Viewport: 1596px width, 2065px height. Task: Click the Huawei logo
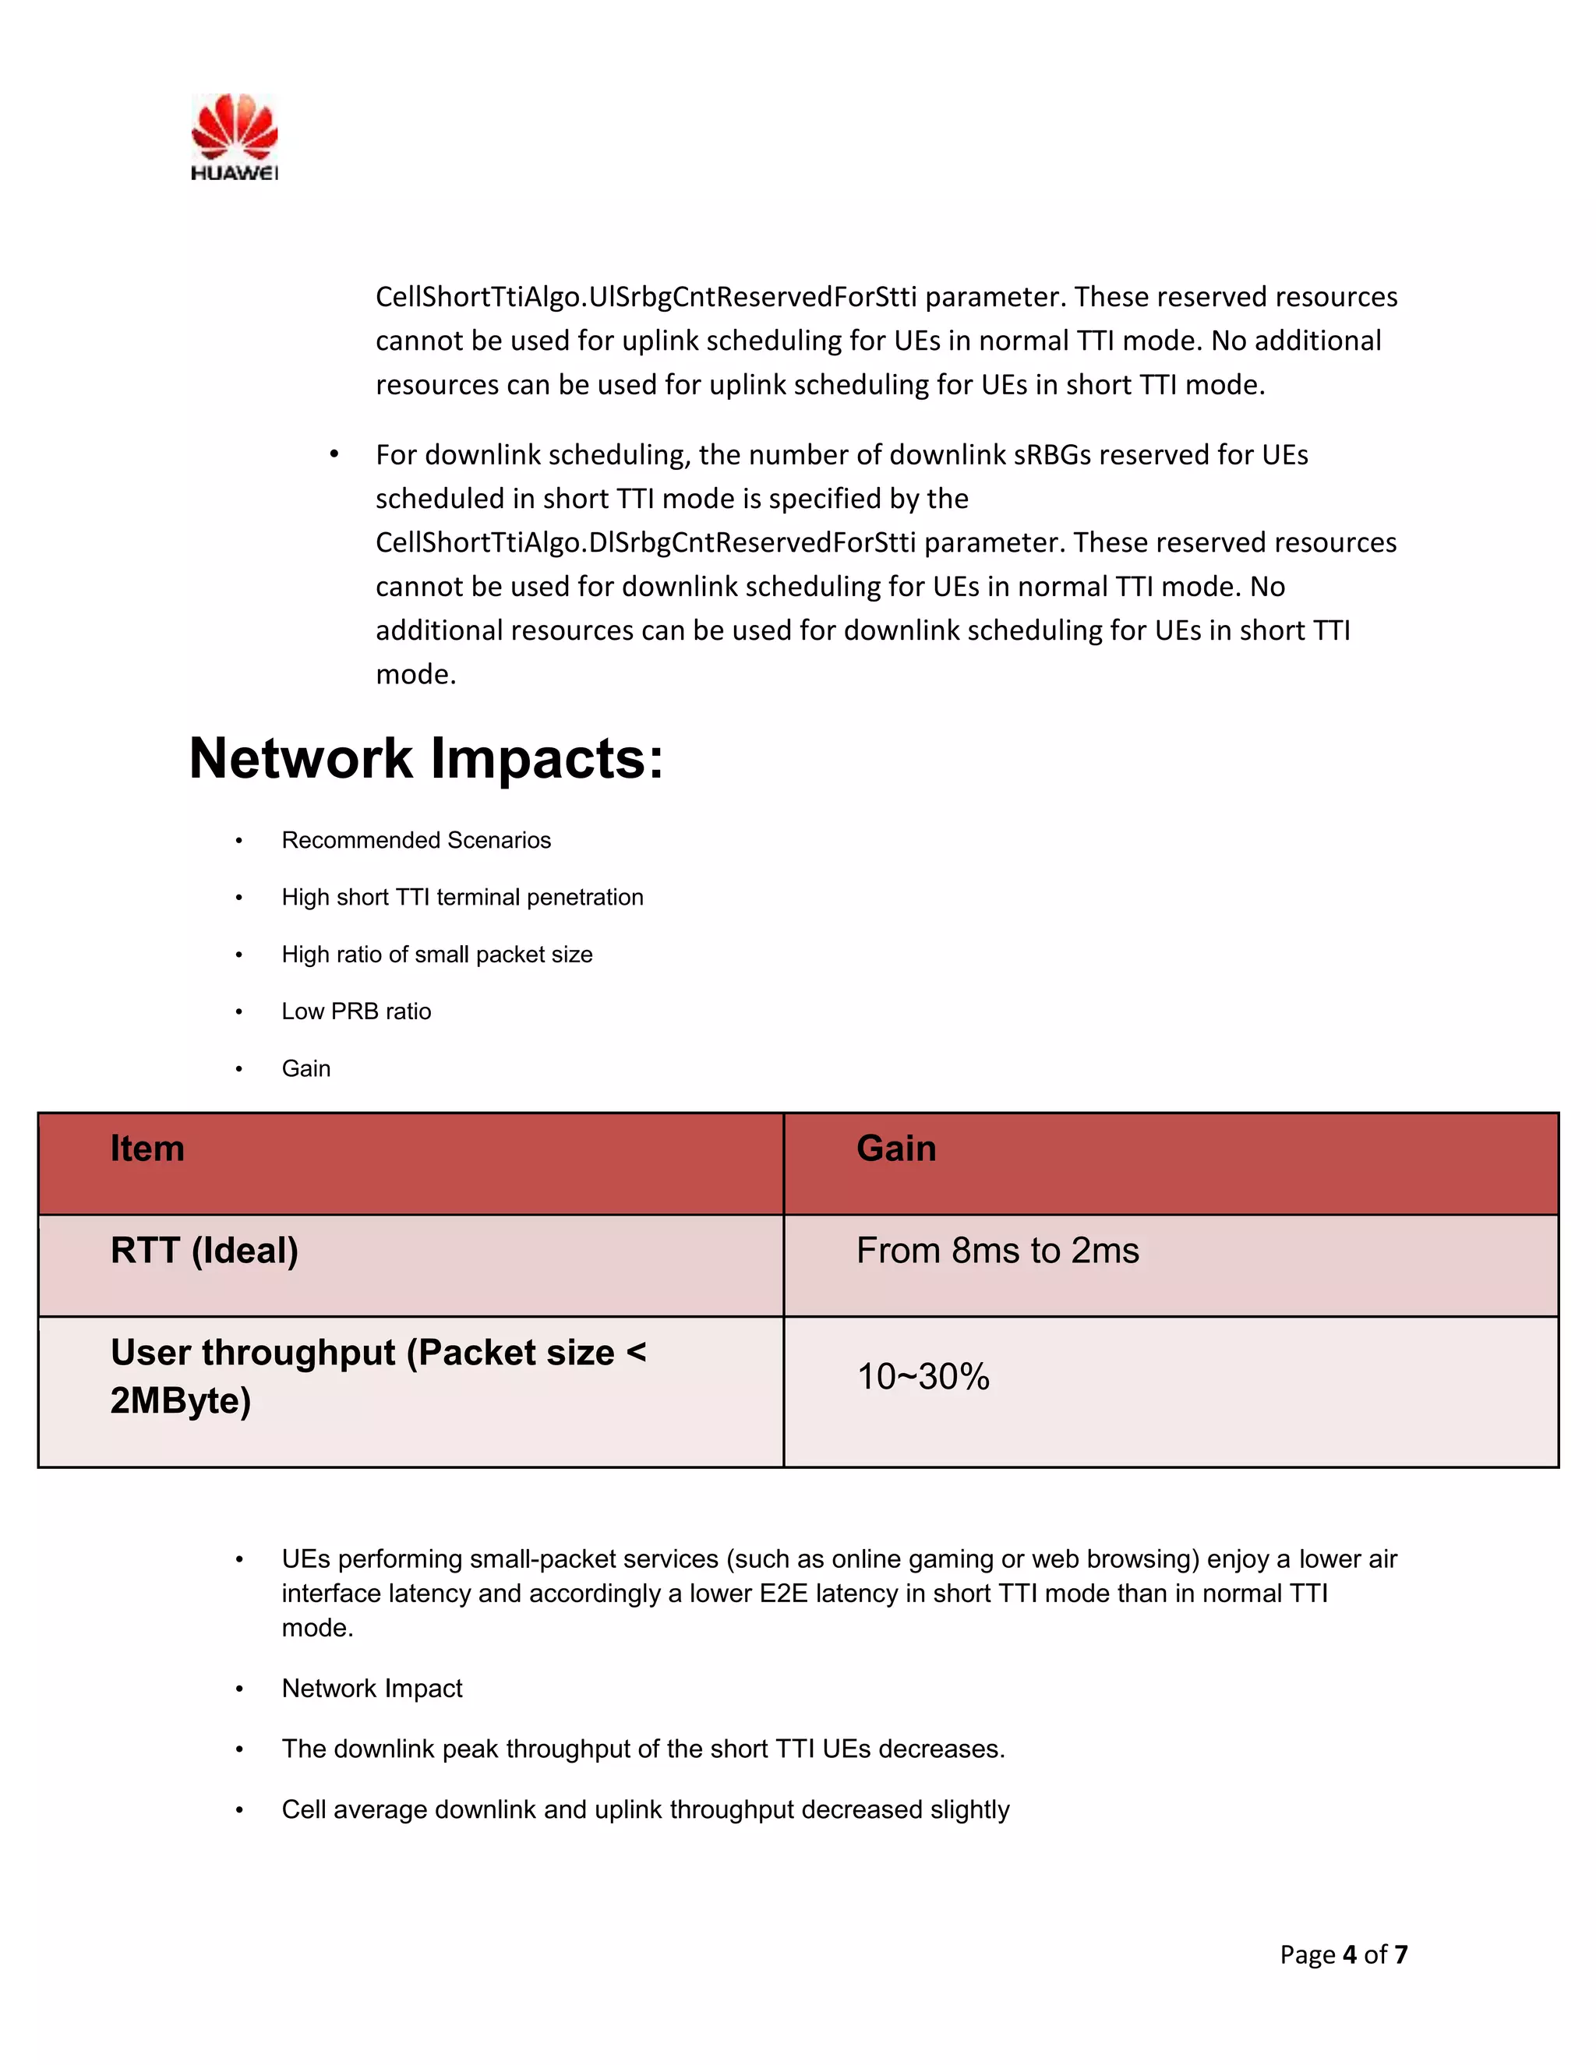pyautogui.click(x=234, y=136)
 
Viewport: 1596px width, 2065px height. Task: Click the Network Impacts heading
pyautogui.click(x=426, y=758)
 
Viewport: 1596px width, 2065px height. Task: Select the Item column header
pyautogui.click(x=147, y=1149)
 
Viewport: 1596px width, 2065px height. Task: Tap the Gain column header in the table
pyautogui.click(x=895, y=1149)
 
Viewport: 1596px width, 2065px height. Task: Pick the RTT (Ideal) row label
pyautogui.click(x=204, y=1251)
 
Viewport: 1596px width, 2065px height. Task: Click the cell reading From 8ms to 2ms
pyautogui.click(x=997, y=1251)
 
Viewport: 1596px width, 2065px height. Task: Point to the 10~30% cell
pyautogui.click(x=923, y=1377)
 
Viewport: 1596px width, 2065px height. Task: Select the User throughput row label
pyautogui.click(x=377, y=1375)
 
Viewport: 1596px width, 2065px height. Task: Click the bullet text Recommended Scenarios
pyautogui.click(x=416, y=841)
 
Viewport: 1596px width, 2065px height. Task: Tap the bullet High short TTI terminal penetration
pyautogui.click(x=462, y=897)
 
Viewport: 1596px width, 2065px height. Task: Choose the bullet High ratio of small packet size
pyautogui.click(x=437, y=955)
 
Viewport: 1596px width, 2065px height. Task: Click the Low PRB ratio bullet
pyautogui.click(x=356, y=1011)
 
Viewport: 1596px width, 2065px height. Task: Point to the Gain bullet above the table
pyautogui.click(x=306, y=1068)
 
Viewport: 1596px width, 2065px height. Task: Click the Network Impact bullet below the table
pyautogui.click(x=372, y=1689)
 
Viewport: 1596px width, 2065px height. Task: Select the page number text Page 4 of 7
pyautogui.click(x=1344, y=1954)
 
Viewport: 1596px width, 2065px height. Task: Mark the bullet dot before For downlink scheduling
pyautogui.click(x=334, y=455)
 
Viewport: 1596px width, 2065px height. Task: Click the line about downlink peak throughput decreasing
pyautogui.click(x=643, y=1749)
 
